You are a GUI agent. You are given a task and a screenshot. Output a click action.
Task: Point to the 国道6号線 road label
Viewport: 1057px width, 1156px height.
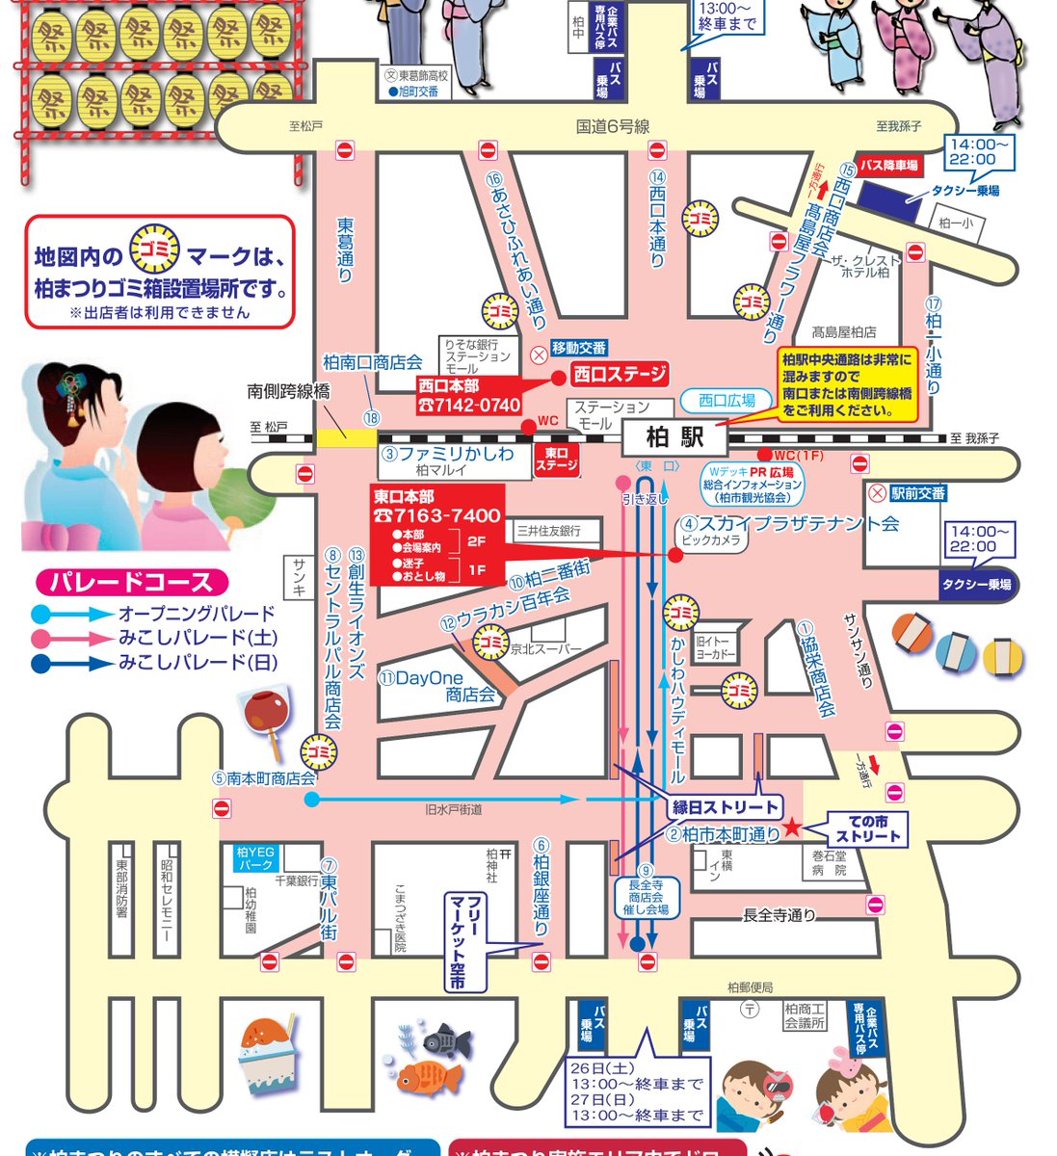[613, 126]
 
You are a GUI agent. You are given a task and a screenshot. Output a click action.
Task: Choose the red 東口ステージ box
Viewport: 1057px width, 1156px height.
[556, 460]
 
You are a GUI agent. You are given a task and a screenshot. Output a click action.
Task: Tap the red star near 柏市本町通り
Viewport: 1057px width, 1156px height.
[791, 827]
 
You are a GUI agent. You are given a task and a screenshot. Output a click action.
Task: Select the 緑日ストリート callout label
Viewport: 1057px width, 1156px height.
[726, 805]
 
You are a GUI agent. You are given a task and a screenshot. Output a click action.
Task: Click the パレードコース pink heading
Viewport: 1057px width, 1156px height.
[131, 583]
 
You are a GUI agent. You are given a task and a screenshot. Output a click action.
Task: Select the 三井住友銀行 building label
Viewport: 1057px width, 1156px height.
[547, 531]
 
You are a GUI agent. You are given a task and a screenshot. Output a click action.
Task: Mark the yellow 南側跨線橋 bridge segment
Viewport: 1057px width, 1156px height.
[346, 435]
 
